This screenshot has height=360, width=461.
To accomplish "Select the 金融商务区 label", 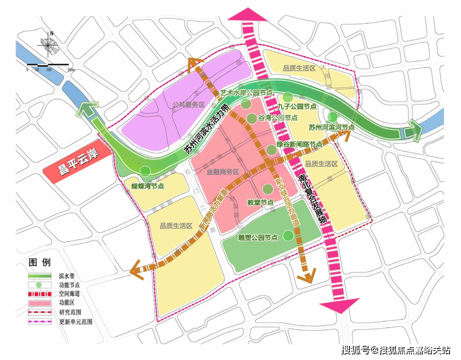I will coord(223,173).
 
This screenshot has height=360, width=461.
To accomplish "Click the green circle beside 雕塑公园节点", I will coord(289,235).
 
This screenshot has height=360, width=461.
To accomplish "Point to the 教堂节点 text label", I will coord(261,202).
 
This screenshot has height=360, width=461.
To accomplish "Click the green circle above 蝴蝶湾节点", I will coord(146,171).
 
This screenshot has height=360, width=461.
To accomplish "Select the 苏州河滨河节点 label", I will coord(332,127).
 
